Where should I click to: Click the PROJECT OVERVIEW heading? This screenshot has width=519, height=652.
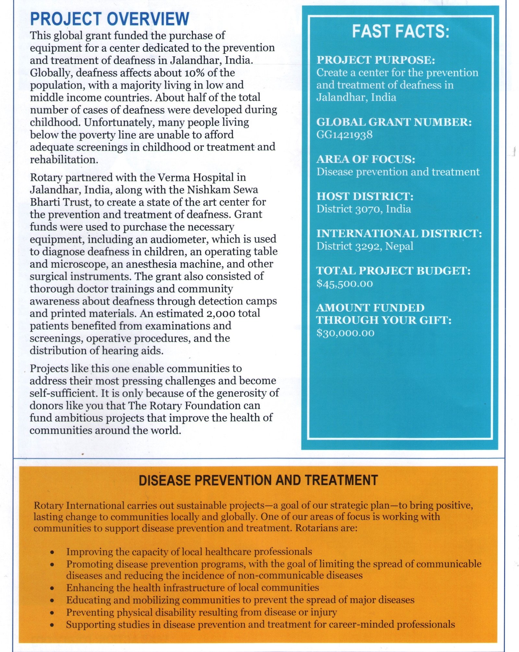pyautogui.click(x=109, y=19)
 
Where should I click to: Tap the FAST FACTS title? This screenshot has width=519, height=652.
pyautogui.click(x=401, y=32)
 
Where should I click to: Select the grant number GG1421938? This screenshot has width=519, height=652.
pyautogui.click(x=344, y=135)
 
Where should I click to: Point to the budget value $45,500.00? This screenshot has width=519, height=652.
pyautogui.click(x=345, y=284)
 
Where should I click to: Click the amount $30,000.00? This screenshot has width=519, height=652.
pyautogui.click(x=345, y=333)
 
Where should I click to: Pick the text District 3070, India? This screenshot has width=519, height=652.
pyautogui.click(x=364, y=209)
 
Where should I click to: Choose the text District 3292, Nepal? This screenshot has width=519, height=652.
pyautogui.click(x=365, y=246)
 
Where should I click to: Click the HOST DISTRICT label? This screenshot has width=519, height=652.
pyautogui.click(x=365, y=197)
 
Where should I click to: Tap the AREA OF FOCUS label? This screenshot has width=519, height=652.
pyautogui.click(x=366, y=159)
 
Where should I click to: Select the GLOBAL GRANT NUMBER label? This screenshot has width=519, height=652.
pyautogui.click(x=394, y=122)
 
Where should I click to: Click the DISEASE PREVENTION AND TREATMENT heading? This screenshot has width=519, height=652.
pyautogui.click(x=258, y=480)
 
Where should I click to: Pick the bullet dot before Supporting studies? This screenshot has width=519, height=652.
pyautogui.click(x=52, y=625)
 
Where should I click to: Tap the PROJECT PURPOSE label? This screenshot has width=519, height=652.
pyautogui.click(x=376, y=60)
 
